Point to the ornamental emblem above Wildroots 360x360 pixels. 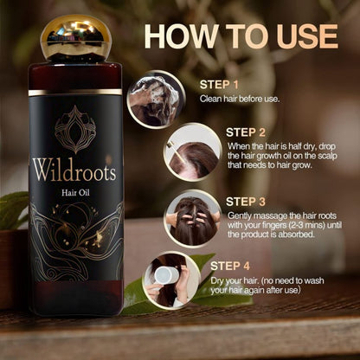click(x=75, y=129)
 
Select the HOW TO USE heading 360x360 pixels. click(x=241, y=35)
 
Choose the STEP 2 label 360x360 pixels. click(x=247, y=132)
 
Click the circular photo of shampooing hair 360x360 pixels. click(x=156, y=99)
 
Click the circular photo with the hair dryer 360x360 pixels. click(x=171, y=280)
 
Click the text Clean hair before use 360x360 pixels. click(x=240, y=99)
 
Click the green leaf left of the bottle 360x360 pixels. click(x=13, y=210)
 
